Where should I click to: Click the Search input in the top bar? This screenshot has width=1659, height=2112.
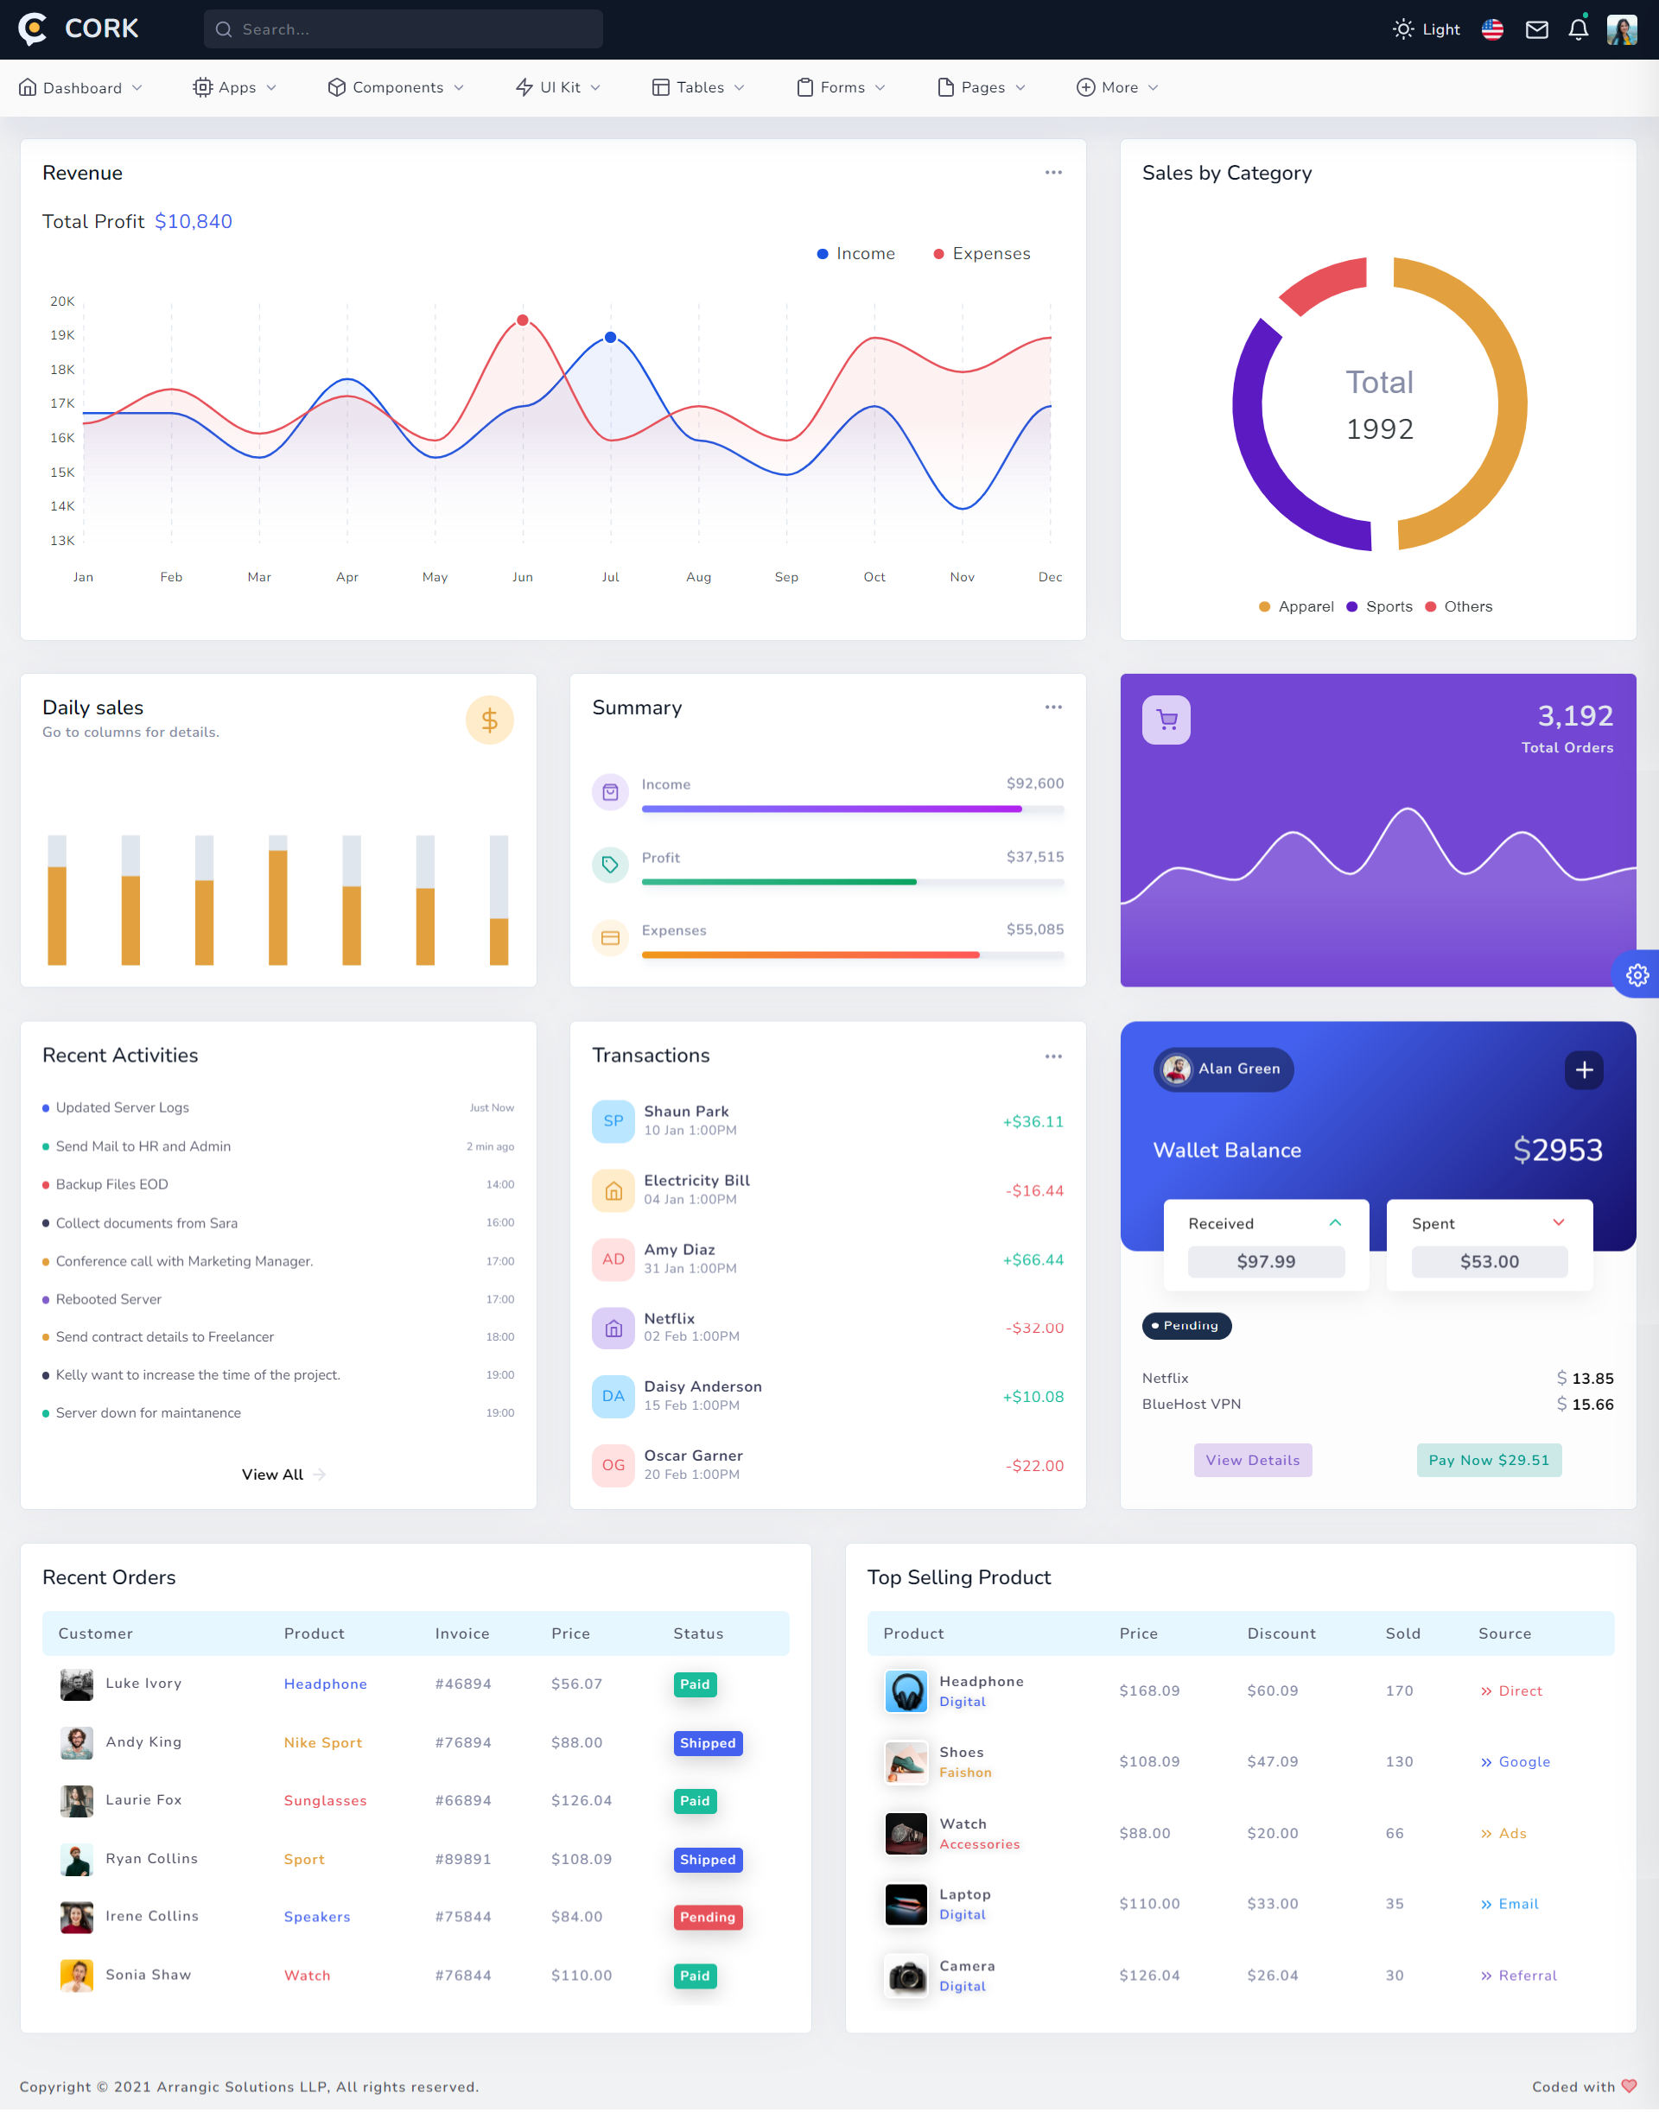click(404, 29)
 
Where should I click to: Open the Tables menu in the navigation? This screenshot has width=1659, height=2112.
click(698, 87)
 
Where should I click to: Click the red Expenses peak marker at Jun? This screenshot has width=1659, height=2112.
click(523, 320)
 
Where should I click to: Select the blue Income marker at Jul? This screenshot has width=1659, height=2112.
click(610, 338)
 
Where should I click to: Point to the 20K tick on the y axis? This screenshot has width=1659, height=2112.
click(62, 301)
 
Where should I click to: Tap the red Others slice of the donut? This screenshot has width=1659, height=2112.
click(1324, 283)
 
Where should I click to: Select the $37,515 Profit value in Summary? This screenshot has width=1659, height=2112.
click(1034, 856)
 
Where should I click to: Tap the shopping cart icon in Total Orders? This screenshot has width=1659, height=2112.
click(1166, 720)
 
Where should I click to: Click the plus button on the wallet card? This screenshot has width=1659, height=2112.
click(1583, 1069)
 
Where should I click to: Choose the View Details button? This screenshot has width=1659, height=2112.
click(1252, 1460)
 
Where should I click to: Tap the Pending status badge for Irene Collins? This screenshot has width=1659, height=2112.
click(707, 1917)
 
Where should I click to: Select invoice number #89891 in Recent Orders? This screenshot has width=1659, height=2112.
click(462, 1859)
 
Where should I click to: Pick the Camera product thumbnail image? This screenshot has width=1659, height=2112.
click(906, 1975)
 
